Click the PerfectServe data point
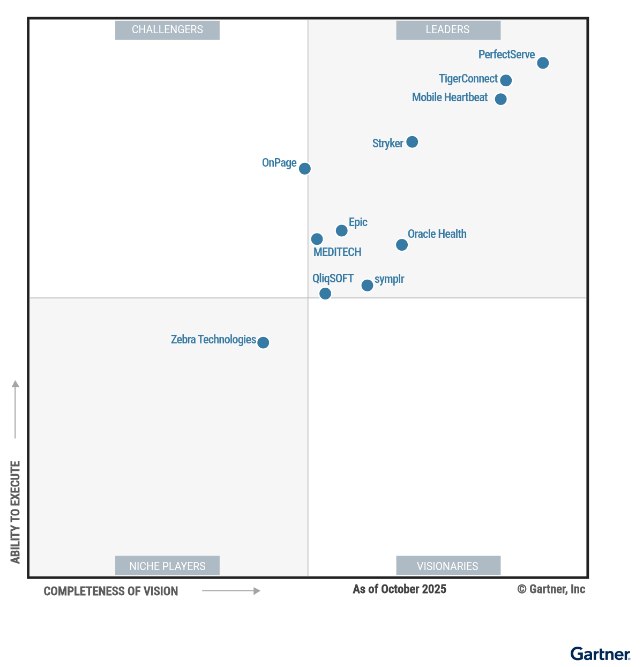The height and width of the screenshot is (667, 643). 543,63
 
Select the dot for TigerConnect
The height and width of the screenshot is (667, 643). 506,80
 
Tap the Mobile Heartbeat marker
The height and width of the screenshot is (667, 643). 500,99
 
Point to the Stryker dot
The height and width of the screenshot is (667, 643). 412,142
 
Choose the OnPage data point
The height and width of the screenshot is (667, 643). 305,169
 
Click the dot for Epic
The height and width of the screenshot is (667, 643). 341,231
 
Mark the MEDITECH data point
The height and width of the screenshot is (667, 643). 317,239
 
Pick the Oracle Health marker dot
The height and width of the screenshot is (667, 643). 402,245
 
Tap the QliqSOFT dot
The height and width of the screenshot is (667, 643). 325,294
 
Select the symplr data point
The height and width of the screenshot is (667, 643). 367,286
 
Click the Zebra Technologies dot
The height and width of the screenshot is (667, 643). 263,342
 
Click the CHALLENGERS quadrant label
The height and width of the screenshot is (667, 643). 167,30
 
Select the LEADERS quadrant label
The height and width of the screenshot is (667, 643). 448,30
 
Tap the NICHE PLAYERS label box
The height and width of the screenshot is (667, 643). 167,566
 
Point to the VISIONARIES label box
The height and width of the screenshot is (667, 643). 448,566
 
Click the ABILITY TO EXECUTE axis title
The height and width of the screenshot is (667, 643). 15,512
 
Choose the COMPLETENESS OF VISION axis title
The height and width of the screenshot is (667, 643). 111,591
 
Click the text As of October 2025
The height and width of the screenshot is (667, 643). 399,589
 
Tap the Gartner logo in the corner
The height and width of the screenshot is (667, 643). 600,654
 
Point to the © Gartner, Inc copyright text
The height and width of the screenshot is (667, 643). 551,589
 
